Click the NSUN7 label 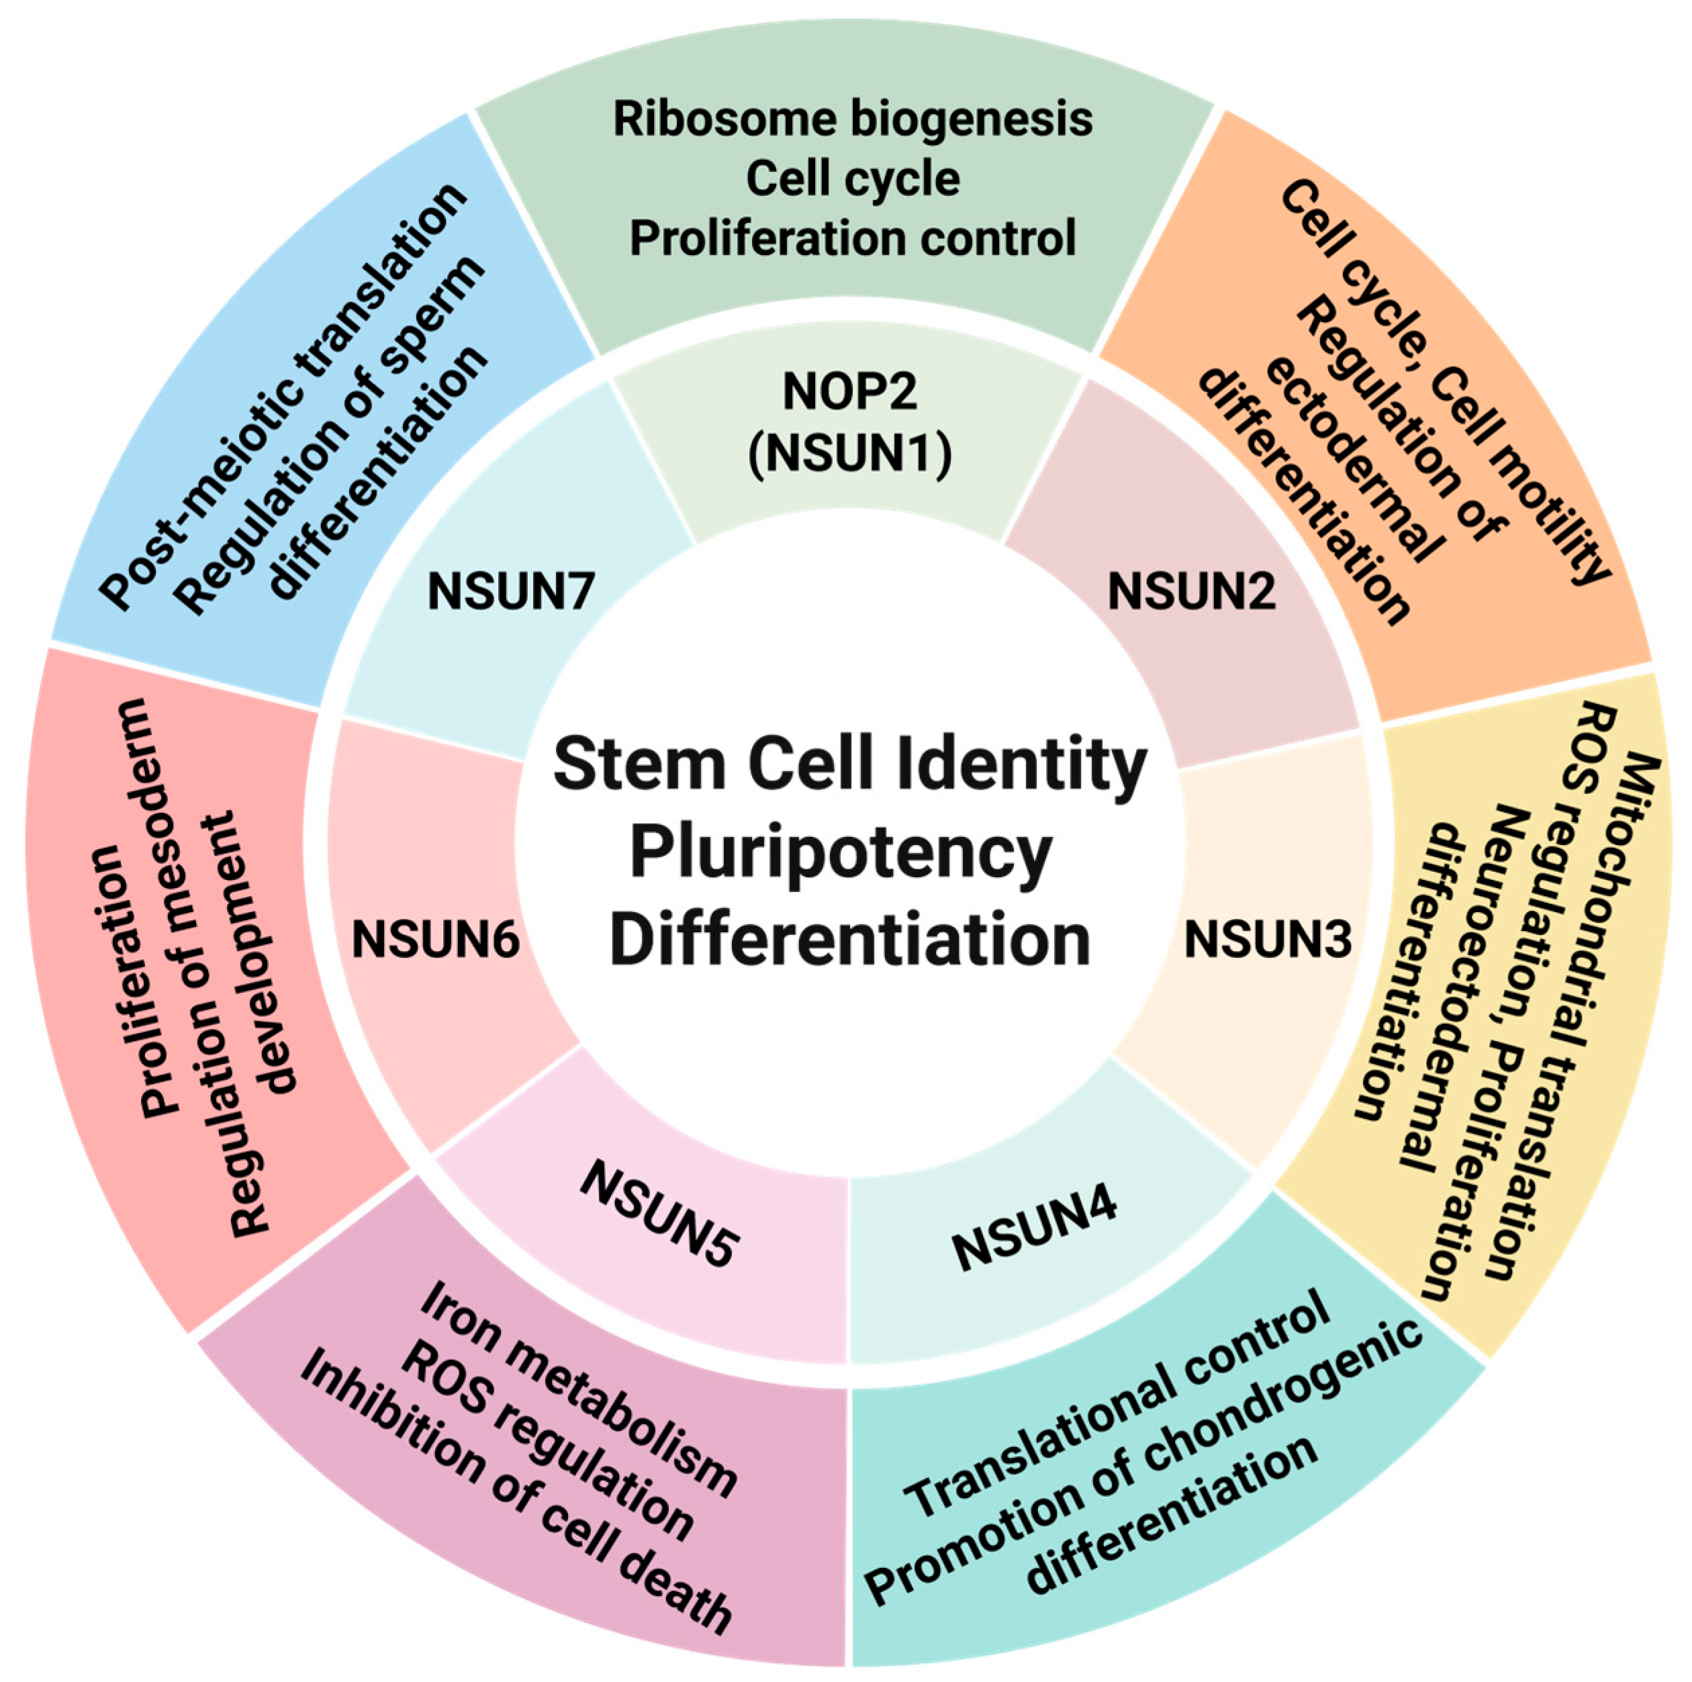coord(510,592)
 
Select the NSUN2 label coord(1191,592)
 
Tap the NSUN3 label coord(1267,940)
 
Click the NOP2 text coord(849,391)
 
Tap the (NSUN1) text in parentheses coord(849,454)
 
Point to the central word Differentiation coord(849,940)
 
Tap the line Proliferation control coord(852,238)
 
